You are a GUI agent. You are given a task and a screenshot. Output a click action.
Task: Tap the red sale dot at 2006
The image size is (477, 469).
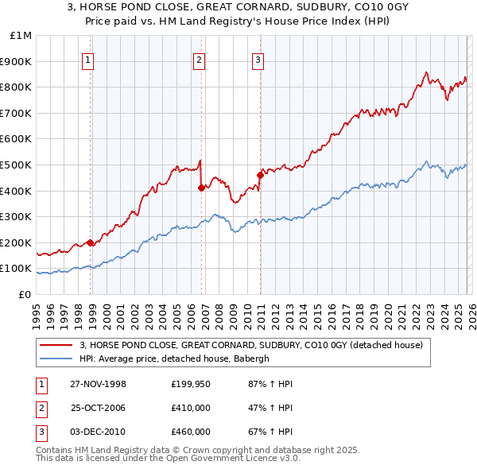point(201,188)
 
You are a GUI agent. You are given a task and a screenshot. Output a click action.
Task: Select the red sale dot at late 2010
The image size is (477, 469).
point(260,175)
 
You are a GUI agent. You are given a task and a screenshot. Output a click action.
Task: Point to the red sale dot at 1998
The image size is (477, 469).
point(91,242)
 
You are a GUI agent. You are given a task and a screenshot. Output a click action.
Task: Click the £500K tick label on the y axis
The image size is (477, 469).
point(16,165)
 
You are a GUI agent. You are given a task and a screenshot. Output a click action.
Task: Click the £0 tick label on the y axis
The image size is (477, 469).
point(25,294)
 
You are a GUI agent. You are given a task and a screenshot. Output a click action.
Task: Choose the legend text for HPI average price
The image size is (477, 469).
point(174,359)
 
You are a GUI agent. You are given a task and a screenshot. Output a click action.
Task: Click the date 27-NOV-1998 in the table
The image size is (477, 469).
point(98,384)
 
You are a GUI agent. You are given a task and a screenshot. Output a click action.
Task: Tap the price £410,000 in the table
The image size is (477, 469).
point(190,408)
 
